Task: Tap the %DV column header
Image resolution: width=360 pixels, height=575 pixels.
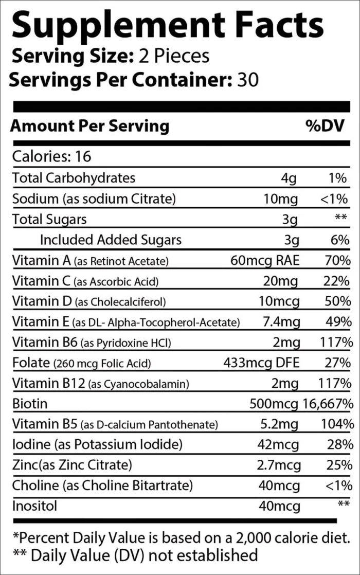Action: coord(326,126)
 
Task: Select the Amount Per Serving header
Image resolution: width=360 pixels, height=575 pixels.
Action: coord(90,126)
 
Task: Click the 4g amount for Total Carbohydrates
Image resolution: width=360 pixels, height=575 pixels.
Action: coord(290,178)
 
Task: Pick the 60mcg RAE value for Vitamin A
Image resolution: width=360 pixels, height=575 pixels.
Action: coord(265,260)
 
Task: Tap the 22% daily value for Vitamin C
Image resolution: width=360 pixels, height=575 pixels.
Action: coord(339,281)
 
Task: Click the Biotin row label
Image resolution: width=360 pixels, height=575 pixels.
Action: coord(30,403)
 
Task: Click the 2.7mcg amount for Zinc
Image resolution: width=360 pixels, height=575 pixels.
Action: coord(278,465)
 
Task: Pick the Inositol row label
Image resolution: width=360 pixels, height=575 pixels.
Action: coord(34,506)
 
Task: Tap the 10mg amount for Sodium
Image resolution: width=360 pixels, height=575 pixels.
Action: coord(282,199)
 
